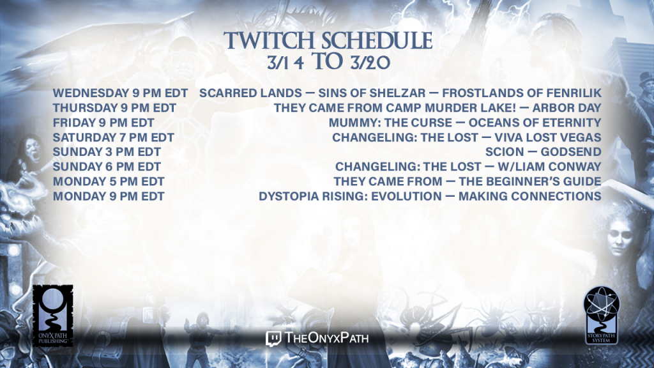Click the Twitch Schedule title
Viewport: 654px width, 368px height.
click(328, 40)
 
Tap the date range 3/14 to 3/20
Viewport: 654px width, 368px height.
click(329, 62)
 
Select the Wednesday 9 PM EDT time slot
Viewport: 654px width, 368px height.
click(120, 93)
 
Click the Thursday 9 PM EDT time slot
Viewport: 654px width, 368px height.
click(114, 108)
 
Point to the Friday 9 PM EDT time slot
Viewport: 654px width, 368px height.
click(103, 123)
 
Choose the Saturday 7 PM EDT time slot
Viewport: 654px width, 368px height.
click(114, 138)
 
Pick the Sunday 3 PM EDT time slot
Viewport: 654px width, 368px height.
click(107, 152)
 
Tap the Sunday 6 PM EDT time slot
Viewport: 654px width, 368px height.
click(107, 167)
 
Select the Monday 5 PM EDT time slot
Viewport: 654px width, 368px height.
click(109, 182)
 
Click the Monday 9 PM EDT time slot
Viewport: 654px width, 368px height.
click(109, 197)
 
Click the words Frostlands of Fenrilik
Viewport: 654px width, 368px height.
click(522, 93)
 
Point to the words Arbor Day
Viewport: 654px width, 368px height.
click(567, 108)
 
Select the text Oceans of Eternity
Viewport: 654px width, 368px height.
click(535, 123)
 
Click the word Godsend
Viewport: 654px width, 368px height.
click(571, 152)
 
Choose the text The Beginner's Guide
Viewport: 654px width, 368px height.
click(530, 182)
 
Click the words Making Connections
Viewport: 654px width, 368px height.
click(530, 197)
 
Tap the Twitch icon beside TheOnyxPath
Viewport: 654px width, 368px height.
click(273, 339)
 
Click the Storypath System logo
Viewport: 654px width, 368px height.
click(601, 316)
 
